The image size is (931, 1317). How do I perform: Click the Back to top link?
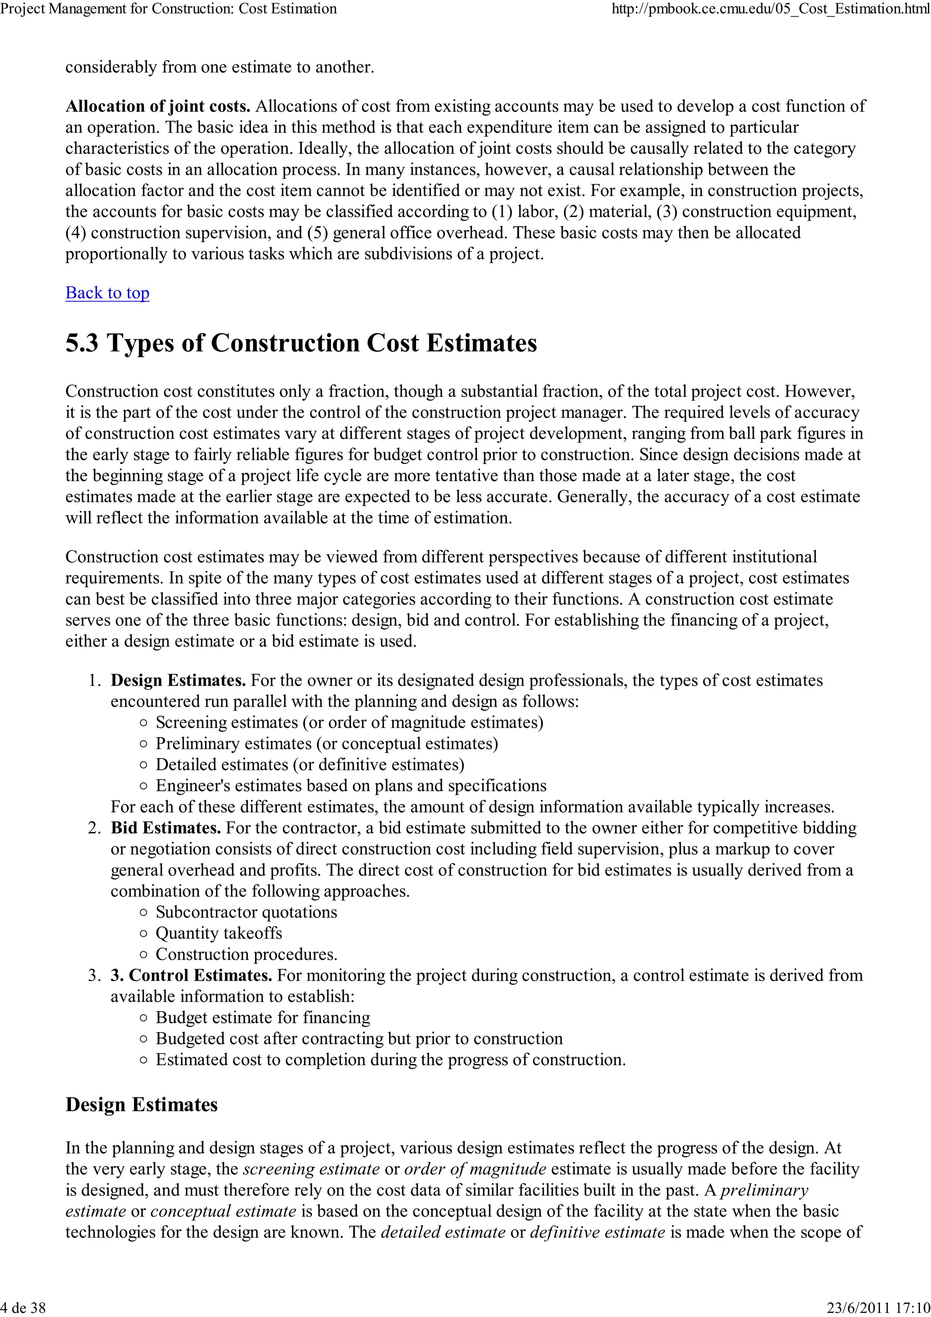[x=107, y=293]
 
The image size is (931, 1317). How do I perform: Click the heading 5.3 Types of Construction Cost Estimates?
[x=301, y=343]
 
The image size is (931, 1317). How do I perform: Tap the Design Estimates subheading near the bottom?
[x=142, y=1104]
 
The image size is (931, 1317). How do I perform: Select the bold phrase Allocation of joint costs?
[x=158, y=107]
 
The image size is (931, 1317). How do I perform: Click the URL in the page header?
[x=771, y=9]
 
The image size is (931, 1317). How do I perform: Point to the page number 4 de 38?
[x=23, y=1307]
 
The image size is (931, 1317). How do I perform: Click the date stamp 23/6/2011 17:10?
[x=878, y=1307]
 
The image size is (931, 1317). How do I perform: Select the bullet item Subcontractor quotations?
[x=246, y=912]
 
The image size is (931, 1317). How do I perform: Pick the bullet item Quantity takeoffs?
[x=219, y=933]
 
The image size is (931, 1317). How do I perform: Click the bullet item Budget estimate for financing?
[x=263, y=1018]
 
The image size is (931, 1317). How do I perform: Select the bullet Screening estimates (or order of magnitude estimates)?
[x=349, y=722]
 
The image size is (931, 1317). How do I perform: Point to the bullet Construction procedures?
[x=246, y=954]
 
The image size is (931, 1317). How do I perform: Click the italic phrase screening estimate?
[x=311, y=1168]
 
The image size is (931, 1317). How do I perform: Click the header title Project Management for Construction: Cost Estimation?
[x=169, y=9]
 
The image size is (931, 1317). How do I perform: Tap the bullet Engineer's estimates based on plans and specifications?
[x=351, y=786]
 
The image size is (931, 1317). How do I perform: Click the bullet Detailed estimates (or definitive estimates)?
[x=310, y=765]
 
